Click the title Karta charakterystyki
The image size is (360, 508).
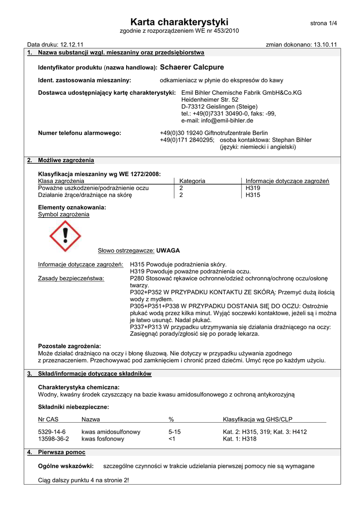coord(179,22)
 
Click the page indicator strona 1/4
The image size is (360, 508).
coord(323,23)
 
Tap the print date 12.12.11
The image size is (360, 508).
coord(72,45)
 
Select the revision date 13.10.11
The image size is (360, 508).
coord(325,45)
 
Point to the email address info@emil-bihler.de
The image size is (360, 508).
coord(217,120)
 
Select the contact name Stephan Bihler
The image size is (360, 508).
coord(292,140)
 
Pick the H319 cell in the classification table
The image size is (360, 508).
coord(253,188)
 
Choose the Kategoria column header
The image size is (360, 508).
coord(192,181)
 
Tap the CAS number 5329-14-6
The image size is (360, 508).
coord(52,432)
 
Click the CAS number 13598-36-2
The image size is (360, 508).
coord(54,439)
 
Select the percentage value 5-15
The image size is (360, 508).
coord(175,432)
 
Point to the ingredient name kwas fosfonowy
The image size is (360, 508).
coord(103,439)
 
